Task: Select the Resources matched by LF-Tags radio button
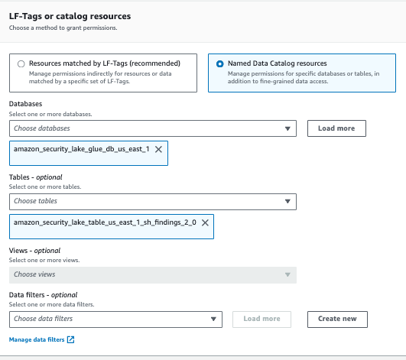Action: pos(21,64)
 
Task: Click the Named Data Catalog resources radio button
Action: pos(220,64)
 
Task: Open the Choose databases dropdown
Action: pos(153,128)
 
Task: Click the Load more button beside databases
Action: pos(337,128)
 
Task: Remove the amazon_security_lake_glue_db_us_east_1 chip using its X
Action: pos(158,150)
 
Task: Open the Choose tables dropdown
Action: pos(153,201)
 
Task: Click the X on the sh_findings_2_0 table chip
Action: pos(204,222)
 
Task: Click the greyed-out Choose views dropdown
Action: pos(153,274)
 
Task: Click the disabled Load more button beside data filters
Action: pos(262,318)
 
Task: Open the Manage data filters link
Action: pos(37,339)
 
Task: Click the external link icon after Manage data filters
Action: pos(71,339)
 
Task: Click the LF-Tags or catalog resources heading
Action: pos(70,15)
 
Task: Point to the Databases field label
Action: pos(25,103)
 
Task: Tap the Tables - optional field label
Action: pos(35,177)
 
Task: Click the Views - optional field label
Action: pos(34,250)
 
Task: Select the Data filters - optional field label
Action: pos(43,294)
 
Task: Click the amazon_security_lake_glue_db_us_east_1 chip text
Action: pos(81,150)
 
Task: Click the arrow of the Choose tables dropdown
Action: pos(287,202)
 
